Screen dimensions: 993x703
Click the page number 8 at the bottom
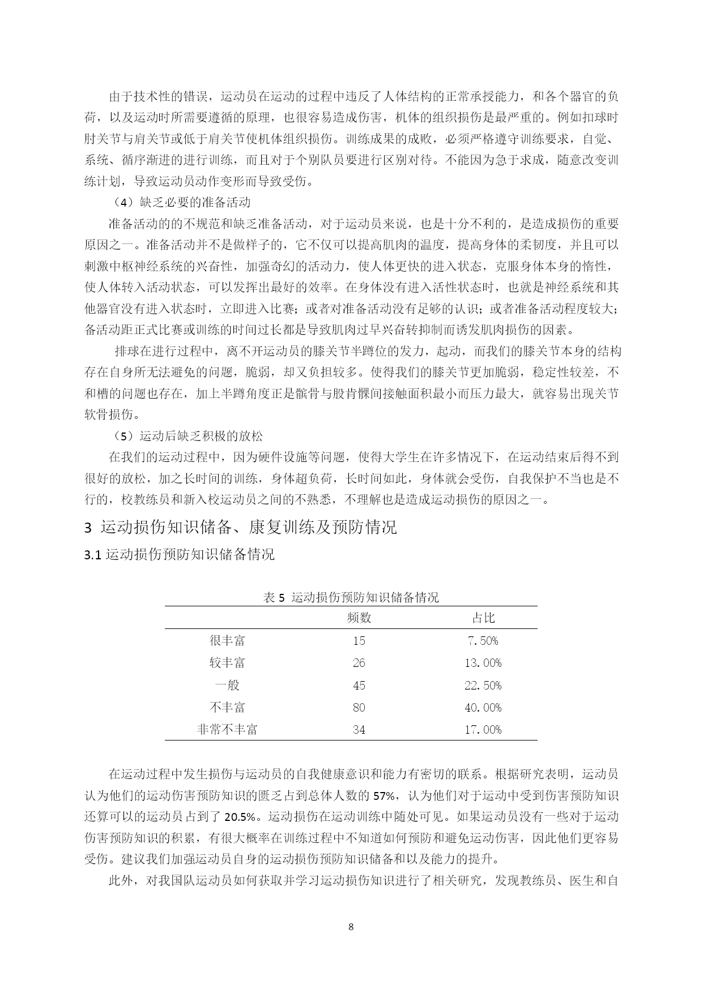point(351,927)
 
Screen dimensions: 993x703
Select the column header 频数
point(359,618)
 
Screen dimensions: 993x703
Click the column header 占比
point(483,618)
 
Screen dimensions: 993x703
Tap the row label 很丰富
point(227,640)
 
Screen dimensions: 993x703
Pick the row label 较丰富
point(227,662)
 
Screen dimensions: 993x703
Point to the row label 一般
point(227,685)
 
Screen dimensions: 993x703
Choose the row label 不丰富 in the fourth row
point(227,707)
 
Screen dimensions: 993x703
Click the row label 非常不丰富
point(227,729)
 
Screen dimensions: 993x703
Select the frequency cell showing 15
point(359,640)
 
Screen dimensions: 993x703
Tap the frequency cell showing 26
point(359,662)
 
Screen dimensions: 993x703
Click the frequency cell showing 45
point(359,685)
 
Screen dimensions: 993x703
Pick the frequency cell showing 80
point(359,707)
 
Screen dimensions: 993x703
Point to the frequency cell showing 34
point(359,729)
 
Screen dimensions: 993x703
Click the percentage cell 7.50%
point(483,640)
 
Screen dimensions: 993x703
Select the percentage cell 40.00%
point(483,707)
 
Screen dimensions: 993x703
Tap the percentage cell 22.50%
point(483,685)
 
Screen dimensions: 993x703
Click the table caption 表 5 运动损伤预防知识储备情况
point(351,597)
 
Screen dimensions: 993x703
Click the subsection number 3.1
point(92,555)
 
